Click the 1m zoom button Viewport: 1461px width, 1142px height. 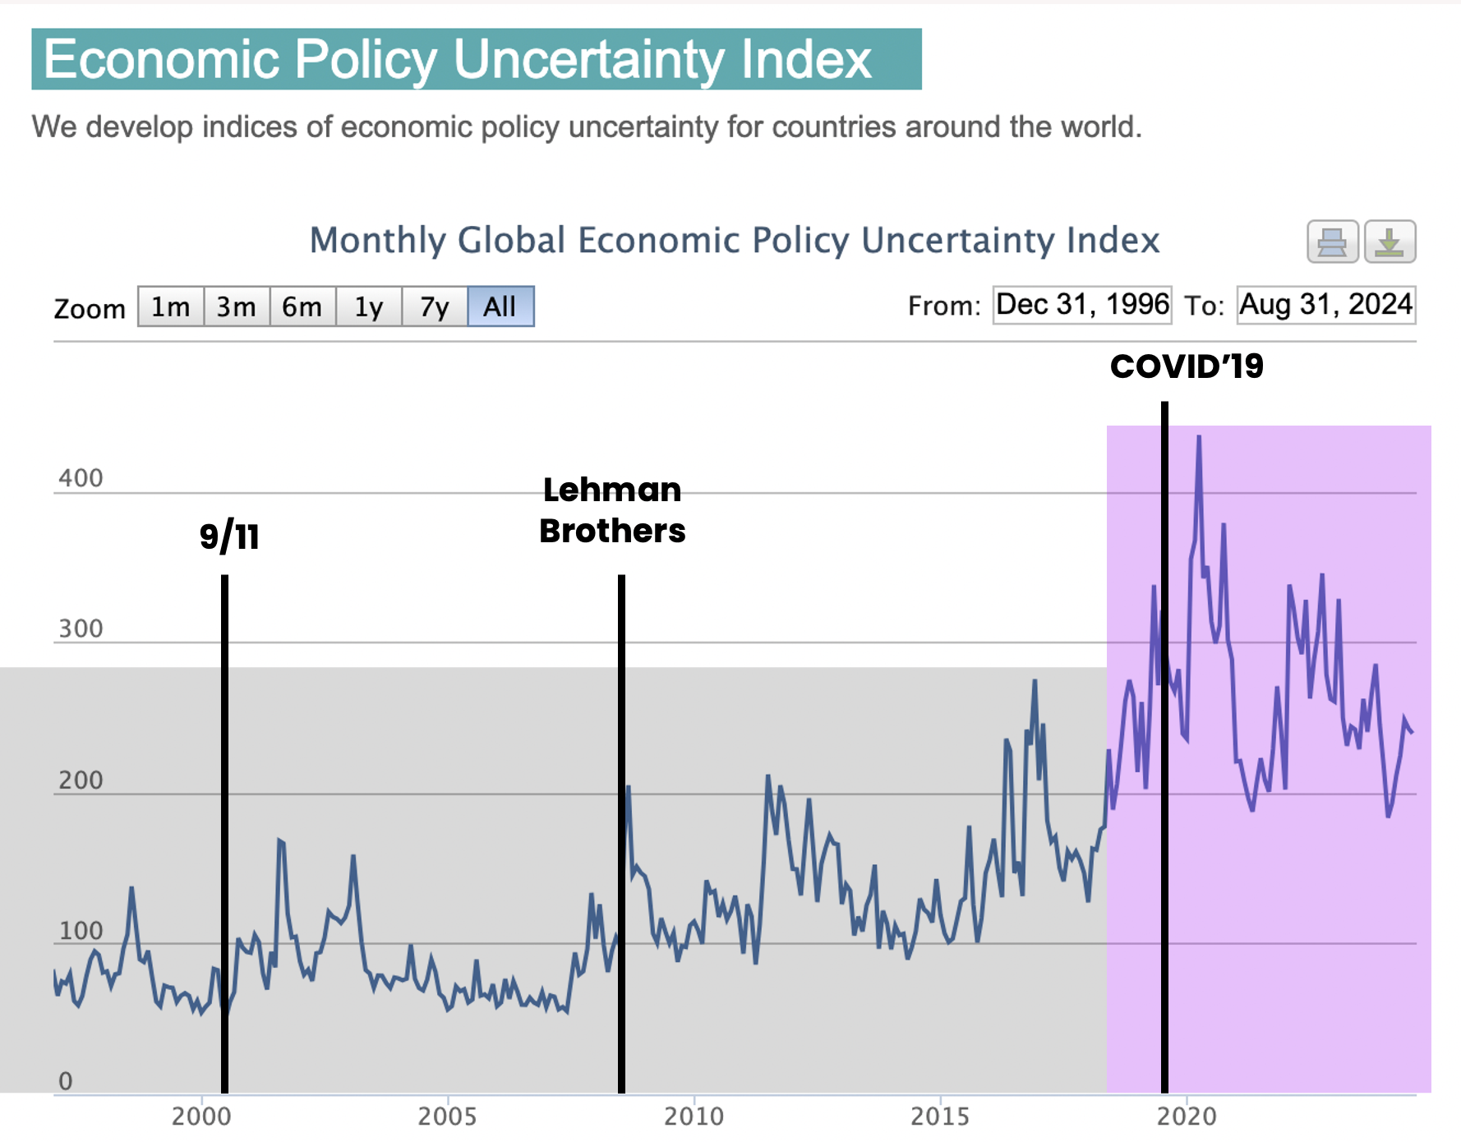pyautogui.click(x=170, y=306)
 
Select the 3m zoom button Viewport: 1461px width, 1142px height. pyautogui.click(x=237, y=306)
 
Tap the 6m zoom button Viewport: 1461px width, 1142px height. pyautogui.click(x=302, y=306)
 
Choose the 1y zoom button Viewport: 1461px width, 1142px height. pyautogui.click(x=369, y=306)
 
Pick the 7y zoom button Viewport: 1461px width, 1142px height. pyautogui.click(x=435, y=306)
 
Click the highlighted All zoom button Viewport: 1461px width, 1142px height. pyautogui.click(x=500, y=306)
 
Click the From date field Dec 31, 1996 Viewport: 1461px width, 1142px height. pyautogui.click(x=1082, y=305)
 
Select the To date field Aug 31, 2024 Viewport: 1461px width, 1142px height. pyautogui.click(x=1325, y=305)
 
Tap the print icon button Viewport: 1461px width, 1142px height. pyautogui.click(x=1332, y=242)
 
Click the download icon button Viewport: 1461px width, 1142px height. pyautogui.click(x=1390, y=242)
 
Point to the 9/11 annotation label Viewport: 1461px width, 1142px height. pyautogui.click(x=229, y=536)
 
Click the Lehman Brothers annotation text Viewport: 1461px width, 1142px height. pyautogui.click(x=612, y=510)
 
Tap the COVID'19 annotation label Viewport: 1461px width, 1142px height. pyautogui.click(x=1187, y=366)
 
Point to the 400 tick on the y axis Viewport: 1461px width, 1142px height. pyautogui.click(x=81, y=478)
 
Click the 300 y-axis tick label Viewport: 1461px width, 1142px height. pyautogui.click(x=81, y=629)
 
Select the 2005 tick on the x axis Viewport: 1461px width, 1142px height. pyautogui.click(x=447, y=1117)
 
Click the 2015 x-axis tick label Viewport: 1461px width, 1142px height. pyautogui.click(x=940, y=1117)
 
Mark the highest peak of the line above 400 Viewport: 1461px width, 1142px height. pyautogui.click(x=1199, y=438)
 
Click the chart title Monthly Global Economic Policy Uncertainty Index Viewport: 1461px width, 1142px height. pyautogui.click(x=734, y=241)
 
